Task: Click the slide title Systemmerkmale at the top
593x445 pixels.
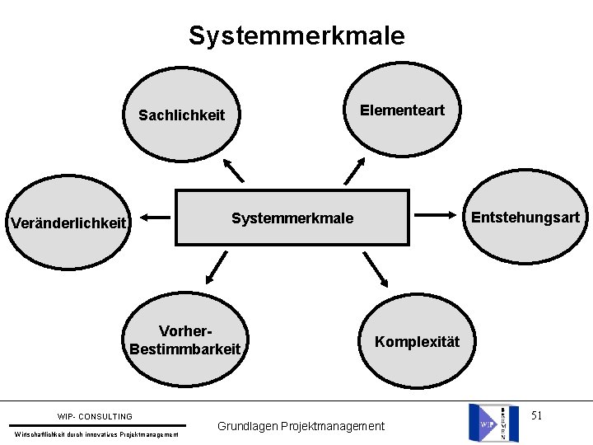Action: pos(296,35)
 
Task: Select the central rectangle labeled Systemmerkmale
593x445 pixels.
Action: pos(292,218)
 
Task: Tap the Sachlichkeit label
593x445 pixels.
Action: pos(181,115)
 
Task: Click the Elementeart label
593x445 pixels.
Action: pos(402,110)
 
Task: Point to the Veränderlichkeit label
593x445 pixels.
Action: pos(68,222)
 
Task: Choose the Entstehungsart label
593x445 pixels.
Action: pos(525,218)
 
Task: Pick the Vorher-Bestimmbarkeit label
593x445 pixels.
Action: pos(184,340)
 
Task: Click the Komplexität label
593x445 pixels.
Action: pos(417,341)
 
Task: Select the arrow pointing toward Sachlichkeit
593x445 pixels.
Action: pos(234,170)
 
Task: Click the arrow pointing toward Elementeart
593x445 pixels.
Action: pos(354,171)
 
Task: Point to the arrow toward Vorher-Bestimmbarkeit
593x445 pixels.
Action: pos(217,268)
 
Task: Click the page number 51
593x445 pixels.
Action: pos(536,415)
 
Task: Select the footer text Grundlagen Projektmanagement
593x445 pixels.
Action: pos(301,426)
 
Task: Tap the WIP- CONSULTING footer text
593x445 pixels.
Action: pos(95,417)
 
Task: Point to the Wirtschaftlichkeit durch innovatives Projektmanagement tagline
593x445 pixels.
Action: pos(97,434)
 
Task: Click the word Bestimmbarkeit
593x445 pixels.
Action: pos(184,349)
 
